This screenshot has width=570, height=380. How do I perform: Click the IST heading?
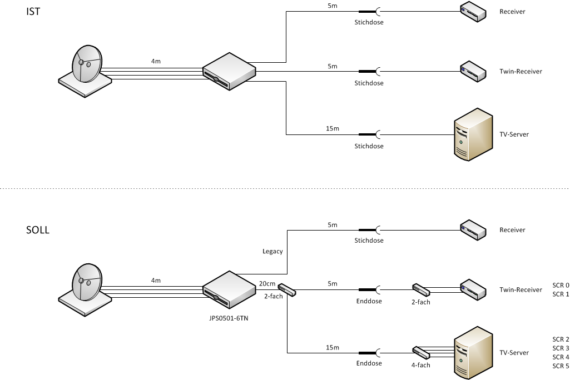click(x=33, y=11)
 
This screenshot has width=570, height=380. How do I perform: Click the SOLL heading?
click(x=38, y=229)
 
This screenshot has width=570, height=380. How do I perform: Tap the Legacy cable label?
click(x=272, y=251)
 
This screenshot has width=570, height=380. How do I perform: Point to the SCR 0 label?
click(x=561, y=285)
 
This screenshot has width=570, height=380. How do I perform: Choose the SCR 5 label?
click(x=561, y=366)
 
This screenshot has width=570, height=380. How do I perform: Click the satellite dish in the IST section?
click(x=86, y=69)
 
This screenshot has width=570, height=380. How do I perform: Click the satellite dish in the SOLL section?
click(x=86, y=288)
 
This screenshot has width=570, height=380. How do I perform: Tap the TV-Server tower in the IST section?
click(x=473, y=134)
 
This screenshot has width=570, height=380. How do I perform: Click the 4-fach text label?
click(x=421, y=365)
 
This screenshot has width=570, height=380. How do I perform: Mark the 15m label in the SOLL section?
click(x=332, y=347)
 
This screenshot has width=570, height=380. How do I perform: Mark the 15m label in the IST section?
click(x=332, y=128)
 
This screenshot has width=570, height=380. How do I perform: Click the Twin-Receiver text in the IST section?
click(x=521, y=71)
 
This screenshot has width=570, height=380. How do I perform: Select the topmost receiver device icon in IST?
click(x=473, y=11)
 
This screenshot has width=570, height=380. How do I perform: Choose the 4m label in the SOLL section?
click(x=156, y=281)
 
